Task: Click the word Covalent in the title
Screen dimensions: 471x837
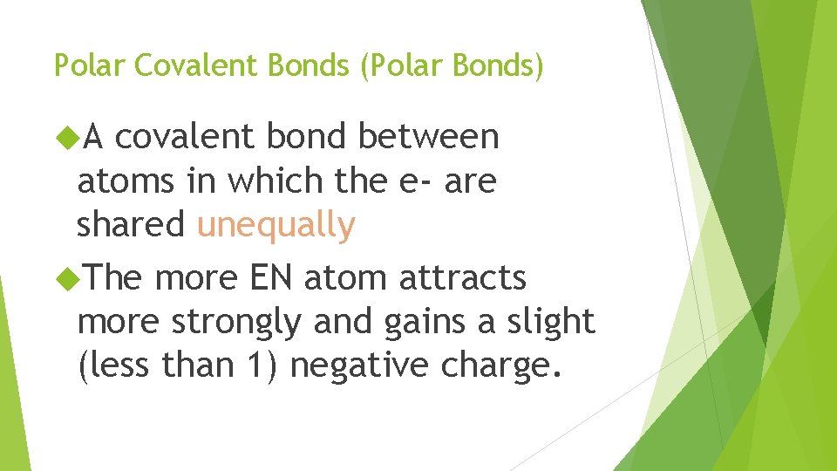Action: (180, 65)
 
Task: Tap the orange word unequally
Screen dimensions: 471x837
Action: (276, 225)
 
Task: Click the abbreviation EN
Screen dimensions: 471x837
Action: (274, 279)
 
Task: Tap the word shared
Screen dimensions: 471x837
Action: (131, 225)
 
